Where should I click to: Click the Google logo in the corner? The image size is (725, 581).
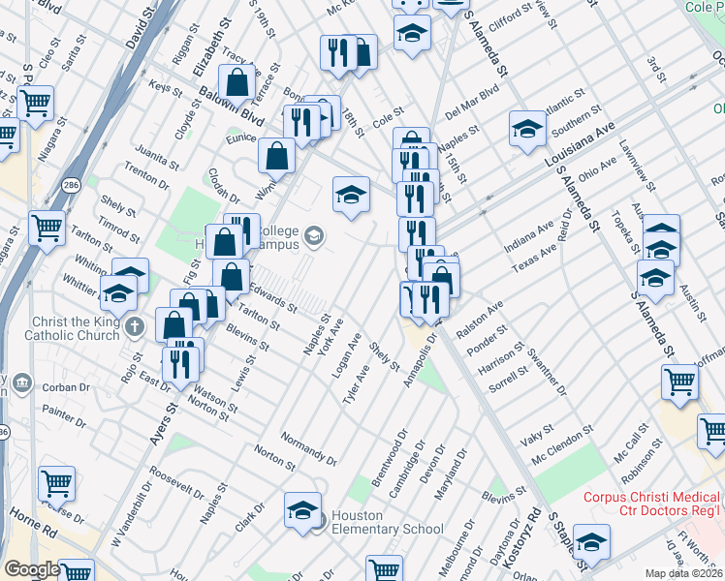[x=31, y=569]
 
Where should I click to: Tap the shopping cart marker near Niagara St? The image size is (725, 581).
[x=35, y=103]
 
